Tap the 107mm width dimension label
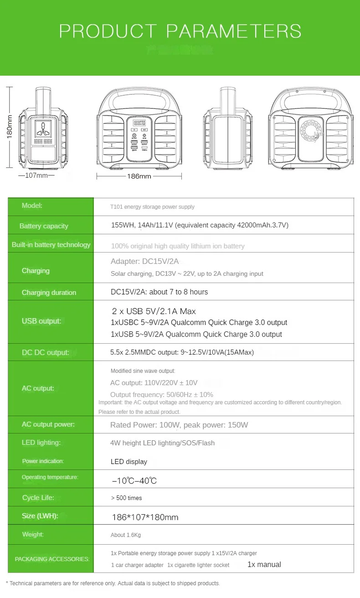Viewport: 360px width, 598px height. (36, 175)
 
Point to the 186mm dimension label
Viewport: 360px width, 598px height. (139, 176)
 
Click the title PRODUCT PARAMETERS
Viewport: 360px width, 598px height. (180, 31)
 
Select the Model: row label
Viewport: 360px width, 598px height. (32, 206)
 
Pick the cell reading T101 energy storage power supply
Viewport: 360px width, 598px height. (152, 207)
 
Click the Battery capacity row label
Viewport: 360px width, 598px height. (44, 226)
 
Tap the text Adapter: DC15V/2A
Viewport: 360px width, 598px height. (144, 261)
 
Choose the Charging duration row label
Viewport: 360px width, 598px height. (49, 293)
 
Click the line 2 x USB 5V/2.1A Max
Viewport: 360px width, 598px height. (154, 311)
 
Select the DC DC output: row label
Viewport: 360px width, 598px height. (46, 352)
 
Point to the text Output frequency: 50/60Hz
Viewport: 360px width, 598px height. (162, 394)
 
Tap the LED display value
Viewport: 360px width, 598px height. (129, 462)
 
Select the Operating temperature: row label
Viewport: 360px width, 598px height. (50, 477)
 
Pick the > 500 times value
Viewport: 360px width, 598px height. (126, 498)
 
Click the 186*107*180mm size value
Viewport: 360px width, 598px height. (145, 517)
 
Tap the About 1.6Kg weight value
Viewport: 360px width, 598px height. (126, 535)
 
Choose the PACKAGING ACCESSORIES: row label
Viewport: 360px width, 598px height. (52, 559)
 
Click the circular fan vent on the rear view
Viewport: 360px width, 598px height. (312, 129)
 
